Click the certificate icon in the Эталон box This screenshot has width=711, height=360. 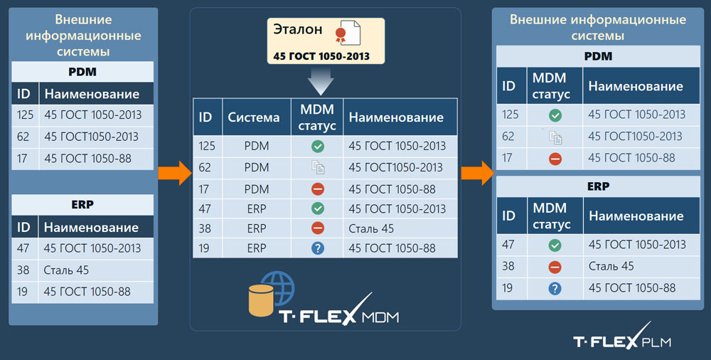coord(348,33)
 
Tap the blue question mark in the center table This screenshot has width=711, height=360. coord(318,248)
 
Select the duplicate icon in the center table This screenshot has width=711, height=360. coord(318,167)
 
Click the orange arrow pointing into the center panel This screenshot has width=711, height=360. coord(175,173)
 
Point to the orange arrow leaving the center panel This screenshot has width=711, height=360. coord(478,173)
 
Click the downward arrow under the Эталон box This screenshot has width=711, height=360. coord(321,80)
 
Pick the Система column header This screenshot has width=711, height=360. coord(254,117)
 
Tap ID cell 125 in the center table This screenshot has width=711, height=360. coord(207,146)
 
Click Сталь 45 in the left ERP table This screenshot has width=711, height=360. coord(66,270)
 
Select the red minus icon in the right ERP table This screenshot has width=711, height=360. coord(555,267)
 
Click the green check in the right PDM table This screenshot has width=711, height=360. coord(555,115)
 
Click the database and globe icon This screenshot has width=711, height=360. coord(271,293)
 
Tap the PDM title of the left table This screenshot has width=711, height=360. coord(82,72)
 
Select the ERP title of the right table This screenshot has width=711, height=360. coord(598,186)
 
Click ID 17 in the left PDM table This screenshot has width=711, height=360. coord(22,159)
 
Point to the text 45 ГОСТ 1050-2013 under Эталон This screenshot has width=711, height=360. coord(321,56)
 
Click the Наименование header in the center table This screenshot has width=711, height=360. coord(396,117)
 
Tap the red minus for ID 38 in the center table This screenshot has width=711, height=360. coord(318,228)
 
